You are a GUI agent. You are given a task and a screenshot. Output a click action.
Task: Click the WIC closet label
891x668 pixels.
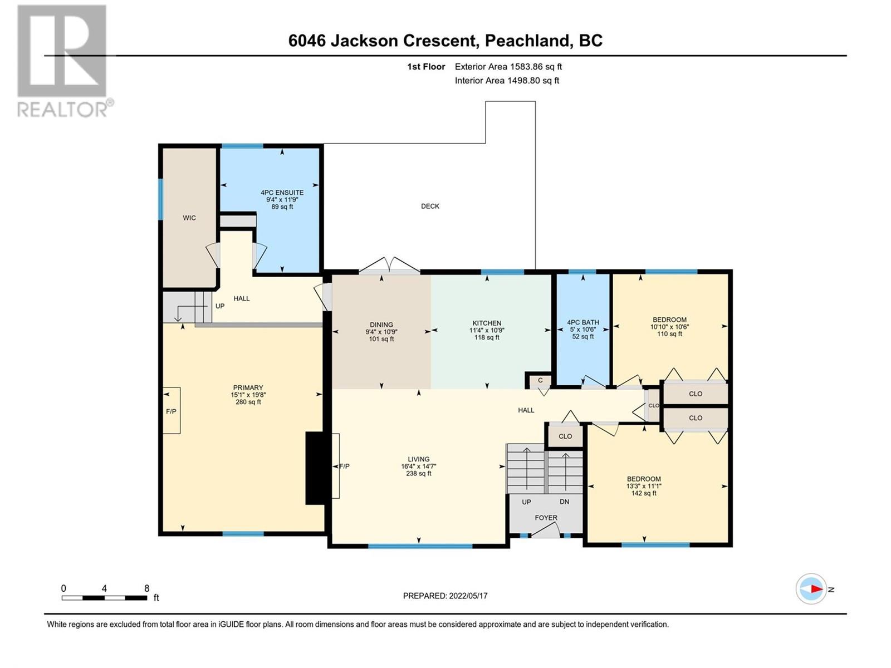point(189,218)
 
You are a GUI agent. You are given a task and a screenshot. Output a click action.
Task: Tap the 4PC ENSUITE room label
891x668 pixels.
point(282,193)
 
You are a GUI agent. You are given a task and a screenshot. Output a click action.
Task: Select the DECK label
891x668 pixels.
point(430,206)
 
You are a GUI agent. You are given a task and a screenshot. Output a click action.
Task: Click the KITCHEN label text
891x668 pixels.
point(487,323)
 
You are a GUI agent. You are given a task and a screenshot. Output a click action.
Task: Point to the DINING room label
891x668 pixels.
point(381,325)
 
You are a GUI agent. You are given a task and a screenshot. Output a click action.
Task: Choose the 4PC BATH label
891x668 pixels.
point(583,322)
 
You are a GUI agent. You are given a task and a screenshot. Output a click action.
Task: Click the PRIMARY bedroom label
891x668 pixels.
point(248,387)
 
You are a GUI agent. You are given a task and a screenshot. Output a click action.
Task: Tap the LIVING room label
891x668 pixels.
point(419,459)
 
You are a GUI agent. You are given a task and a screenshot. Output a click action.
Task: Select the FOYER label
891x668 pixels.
point(546,518)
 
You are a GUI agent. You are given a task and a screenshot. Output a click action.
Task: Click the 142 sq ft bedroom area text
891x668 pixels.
point(644,493)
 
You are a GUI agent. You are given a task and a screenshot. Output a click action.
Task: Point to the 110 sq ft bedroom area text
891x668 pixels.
point(669,334)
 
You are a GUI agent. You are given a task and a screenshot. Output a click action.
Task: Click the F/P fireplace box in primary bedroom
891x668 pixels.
point(172,410)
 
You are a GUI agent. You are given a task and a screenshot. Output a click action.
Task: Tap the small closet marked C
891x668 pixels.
point(540,380)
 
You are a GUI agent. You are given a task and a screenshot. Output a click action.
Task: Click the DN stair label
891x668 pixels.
point(564,502)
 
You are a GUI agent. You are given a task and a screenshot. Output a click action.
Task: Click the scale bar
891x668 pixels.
point(104,598)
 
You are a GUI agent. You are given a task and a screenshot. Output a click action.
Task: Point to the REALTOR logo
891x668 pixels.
point(65,61)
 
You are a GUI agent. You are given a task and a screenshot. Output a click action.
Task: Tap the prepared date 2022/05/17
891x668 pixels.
point(468,596)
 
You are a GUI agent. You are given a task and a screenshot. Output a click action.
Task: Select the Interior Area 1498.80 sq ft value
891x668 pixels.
point(533,80)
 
